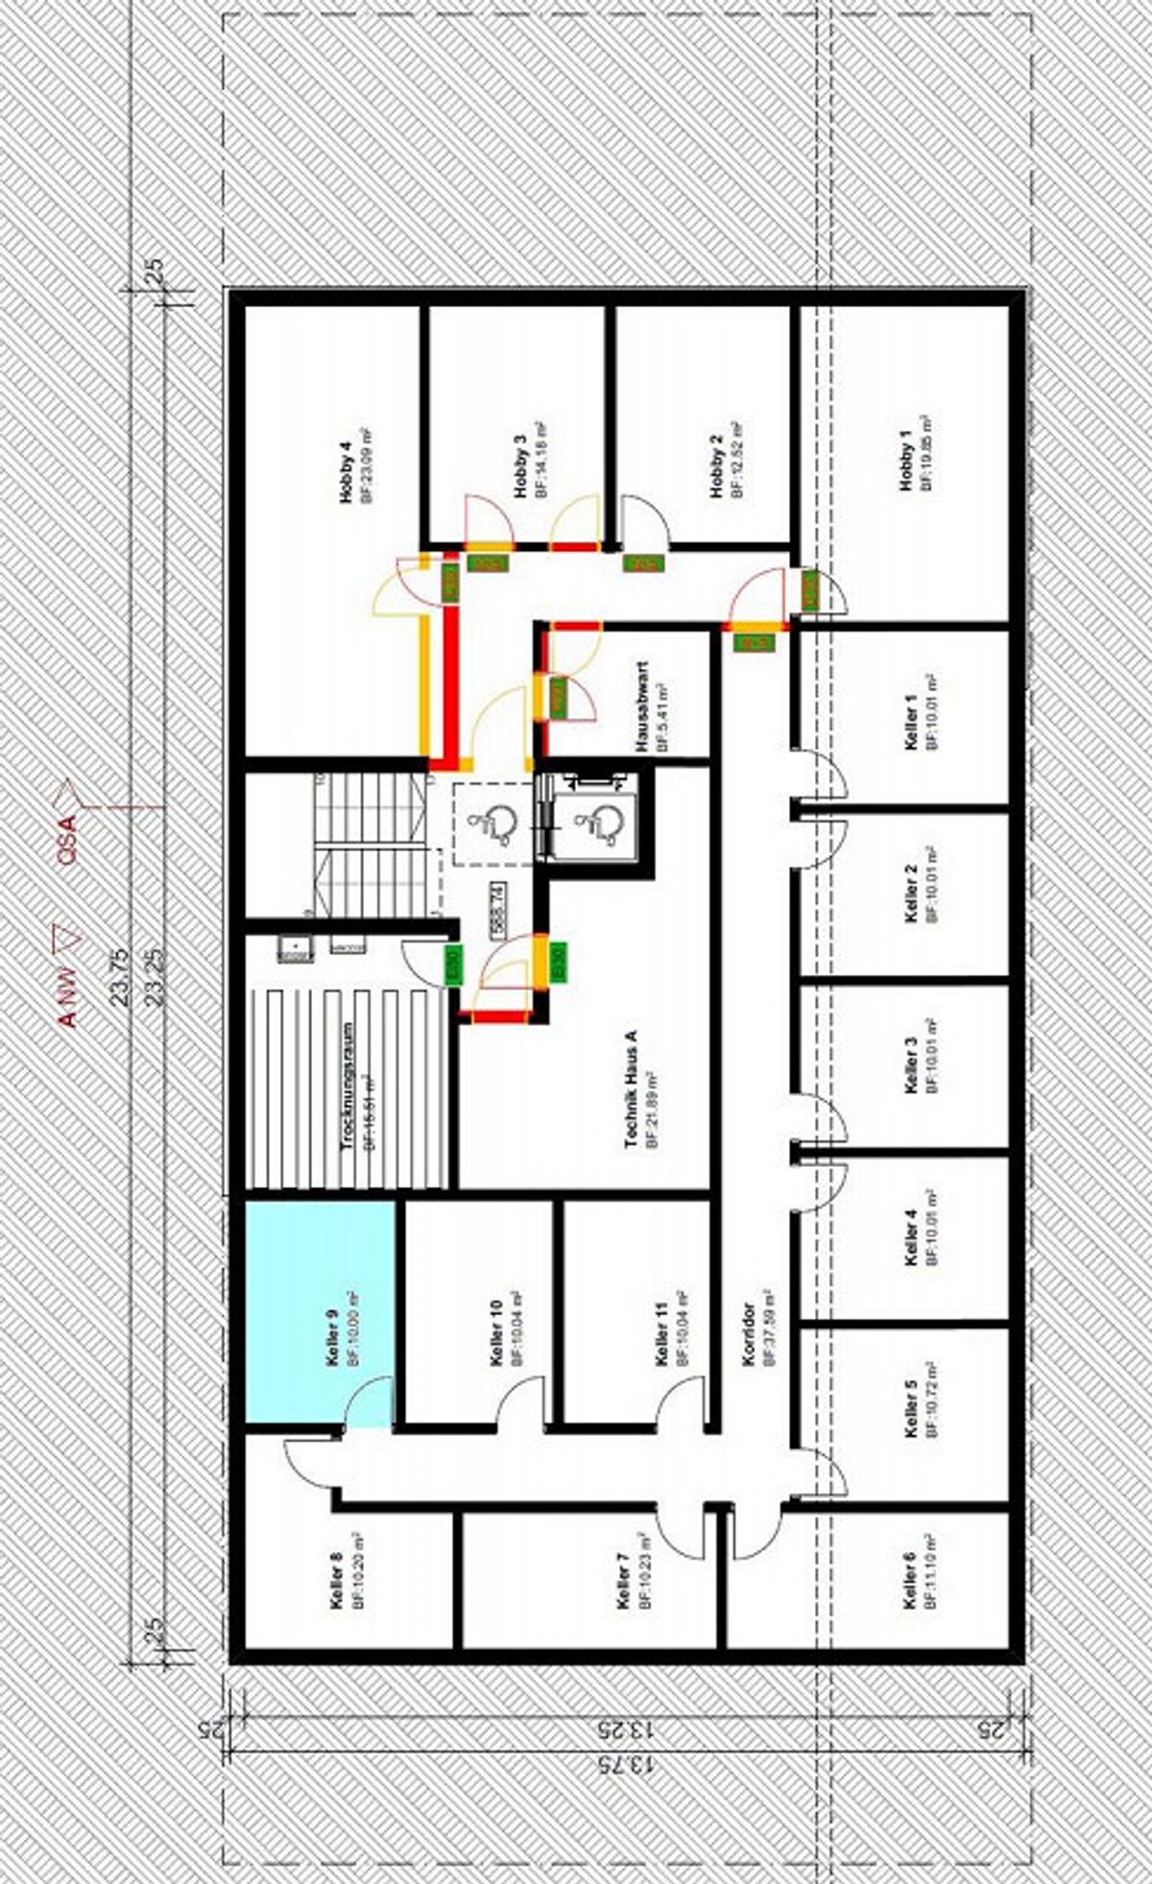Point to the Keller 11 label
point(660,1334)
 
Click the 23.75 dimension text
point(119,977)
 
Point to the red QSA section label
point(66,841)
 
